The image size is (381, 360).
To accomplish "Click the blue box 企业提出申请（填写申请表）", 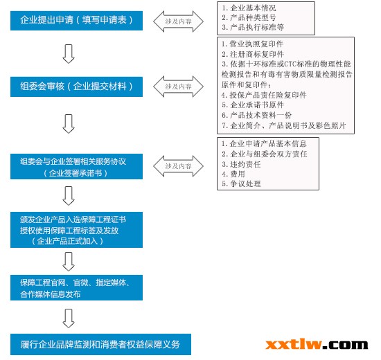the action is click(x=76, y=21).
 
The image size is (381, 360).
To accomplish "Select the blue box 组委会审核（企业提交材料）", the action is click(x=76, y=87).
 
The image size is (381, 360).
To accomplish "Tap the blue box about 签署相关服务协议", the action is click(x=76, y=166).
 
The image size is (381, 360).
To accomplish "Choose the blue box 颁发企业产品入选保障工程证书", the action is click(x=76, y=230).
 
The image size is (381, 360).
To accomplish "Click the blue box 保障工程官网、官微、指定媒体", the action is click(x=76, y=287).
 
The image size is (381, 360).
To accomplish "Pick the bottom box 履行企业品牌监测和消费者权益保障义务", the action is click(x=100, y=344).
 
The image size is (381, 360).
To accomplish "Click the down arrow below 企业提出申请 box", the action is click(x=69, y=54).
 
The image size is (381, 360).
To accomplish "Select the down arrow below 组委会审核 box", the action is click(x=69, y=124).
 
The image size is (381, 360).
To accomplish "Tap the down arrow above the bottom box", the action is click(x=69, y=318).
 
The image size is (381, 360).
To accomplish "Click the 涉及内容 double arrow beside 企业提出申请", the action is click(x=178, y=21).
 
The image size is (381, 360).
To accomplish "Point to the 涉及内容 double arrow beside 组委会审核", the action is click(x=178, y=87).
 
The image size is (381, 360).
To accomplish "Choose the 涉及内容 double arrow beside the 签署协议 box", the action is click(x=178, y=166).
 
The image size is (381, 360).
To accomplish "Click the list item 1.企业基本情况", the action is click(x=249, y=8).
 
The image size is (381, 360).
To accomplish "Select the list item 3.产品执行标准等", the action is click(x=253, y=27).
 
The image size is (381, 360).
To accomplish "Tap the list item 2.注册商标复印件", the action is click(x=253, y=54).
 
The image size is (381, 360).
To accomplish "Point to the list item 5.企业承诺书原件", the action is click(x=253, y=105).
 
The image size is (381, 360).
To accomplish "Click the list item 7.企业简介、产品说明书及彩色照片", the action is click(x=284, y=125).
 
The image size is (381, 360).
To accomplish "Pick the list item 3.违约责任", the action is click(x=241, y=164).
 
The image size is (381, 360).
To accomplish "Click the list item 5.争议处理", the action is click(x=241, y=183).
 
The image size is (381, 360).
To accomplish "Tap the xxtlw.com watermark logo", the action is click(x=317, y=345).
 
